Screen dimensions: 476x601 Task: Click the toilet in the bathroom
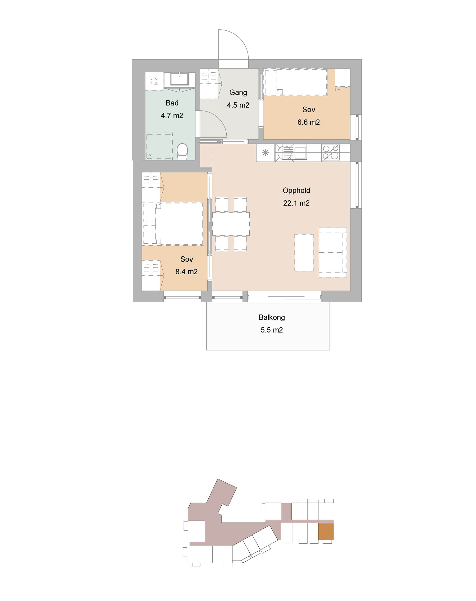182,152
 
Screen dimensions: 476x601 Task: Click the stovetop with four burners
331,152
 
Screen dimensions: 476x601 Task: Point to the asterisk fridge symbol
266,152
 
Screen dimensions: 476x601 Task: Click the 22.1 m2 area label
296,203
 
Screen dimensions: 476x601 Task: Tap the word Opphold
296,191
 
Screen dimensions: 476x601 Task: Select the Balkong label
272,317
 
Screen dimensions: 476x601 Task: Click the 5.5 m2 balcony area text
272,330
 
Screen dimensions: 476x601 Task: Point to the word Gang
238,93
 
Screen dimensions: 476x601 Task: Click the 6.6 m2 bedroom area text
309,122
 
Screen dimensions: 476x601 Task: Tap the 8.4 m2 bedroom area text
186,272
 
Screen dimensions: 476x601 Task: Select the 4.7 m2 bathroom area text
172,115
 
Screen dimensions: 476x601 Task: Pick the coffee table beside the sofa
304,253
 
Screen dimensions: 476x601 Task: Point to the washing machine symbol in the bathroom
154,81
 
